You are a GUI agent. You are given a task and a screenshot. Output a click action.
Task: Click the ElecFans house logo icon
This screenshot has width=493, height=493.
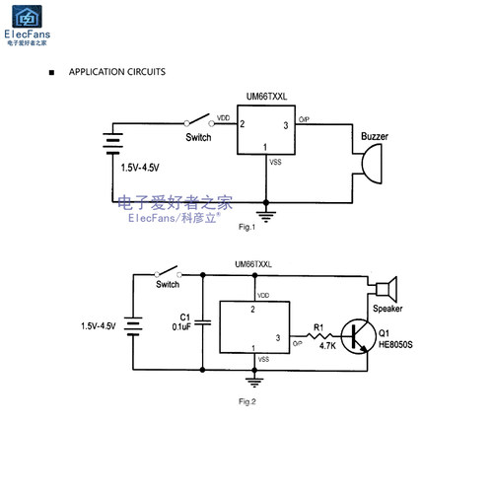[27, 17]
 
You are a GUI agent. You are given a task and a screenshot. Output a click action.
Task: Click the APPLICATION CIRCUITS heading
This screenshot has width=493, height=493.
[117, 72]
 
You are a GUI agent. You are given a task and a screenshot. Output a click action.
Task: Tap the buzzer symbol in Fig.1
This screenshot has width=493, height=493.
[372, 164]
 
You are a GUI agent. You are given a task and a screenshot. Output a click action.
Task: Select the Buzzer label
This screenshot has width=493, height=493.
[375, 136]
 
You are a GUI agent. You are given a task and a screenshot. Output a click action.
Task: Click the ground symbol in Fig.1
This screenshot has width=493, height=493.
[266, 216]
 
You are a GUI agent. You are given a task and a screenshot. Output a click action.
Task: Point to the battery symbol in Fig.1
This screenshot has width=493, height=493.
[112, 144]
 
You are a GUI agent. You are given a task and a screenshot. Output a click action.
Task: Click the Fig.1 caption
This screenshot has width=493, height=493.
[246, 227]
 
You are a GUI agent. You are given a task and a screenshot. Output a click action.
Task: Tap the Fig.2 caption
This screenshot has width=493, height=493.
[247, 401]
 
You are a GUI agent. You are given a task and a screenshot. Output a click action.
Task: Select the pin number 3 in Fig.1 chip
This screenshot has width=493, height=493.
[286, 125]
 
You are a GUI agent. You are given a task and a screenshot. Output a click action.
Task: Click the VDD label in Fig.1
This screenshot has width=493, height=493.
[223, 118]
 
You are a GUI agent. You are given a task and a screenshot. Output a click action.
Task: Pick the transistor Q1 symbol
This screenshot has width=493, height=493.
[358, 336]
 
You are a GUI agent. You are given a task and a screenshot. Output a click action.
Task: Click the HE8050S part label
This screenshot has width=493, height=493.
[395, 344]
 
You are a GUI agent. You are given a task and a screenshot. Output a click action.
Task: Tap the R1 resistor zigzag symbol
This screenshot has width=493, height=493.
[319, 335]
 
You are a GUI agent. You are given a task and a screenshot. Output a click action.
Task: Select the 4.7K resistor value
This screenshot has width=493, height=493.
[327, 346]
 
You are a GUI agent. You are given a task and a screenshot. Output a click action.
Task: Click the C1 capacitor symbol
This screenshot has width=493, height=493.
[203, 322]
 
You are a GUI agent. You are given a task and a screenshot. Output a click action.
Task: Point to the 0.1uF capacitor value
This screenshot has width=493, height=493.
[181, 327]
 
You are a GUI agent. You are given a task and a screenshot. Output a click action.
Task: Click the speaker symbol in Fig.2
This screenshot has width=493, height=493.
[387, 289]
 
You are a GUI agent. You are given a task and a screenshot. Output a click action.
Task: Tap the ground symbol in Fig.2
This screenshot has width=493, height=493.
[254, 383]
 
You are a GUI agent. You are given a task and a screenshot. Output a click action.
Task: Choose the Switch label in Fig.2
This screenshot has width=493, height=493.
[168, 284]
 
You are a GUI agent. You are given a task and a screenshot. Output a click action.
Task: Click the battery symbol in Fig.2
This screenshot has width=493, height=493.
[133, 326]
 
